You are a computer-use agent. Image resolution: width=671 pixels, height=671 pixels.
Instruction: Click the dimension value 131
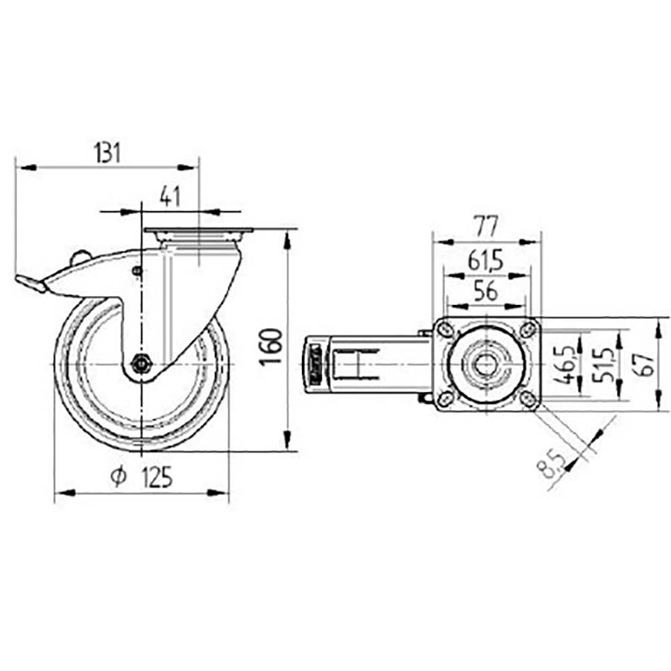click(107, 153)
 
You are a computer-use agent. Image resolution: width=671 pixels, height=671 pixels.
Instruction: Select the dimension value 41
click(171, 197)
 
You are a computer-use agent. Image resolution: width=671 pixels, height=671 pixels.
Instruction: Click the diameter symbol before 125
click(119, 477)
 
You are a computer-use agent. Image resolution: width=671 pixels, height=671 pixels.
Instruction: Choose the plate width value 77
click(485, 224)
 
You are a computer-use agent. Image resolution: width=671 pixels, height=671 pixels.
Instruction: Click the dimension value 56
click(485, 292)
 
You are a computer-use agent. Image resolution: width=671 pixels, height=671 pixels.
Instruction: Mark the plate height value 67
click(646, 363)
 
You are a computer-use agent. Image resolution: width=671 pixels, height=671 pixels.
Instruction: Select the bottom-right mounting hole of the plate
click(527, 399)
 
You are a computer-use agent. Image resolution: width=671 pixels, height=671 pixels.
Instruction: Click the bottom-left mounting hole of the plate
click(445, 399)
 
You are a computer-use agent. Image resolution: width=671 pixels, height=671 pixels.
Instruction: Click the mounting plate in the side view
click(199, 231)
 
